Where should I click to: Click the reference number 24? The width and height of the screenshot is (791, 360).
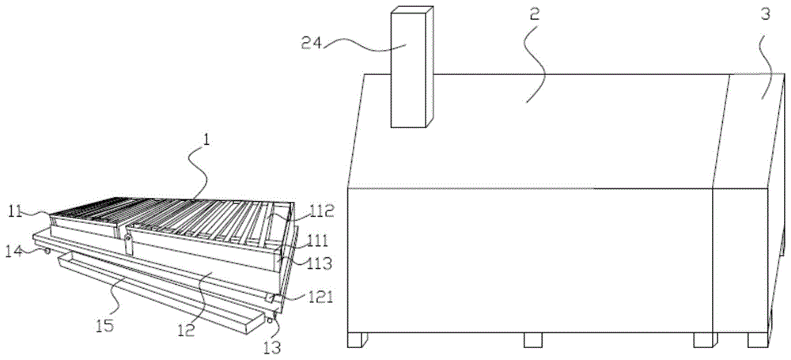(x=312, y=43)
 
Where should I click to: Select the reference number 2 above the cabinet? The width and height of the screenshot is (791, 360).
(x=534, y=13)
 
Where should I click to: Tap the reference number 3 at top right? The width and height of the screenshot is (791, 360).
(x=765, y=14)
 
